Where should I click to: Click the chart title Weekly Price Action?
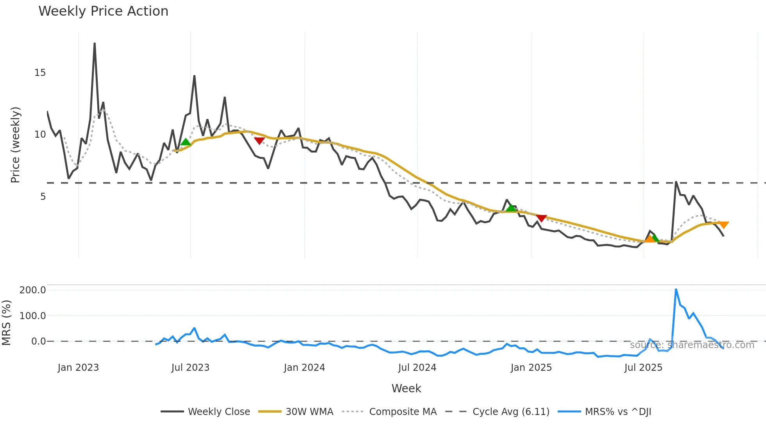coord(103,11)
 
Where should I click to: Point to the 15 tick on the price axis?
coord(40,73)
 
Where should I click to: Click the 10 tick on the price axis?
coord(40,135)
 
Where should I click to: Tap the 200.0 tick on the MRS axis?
coord(33,290)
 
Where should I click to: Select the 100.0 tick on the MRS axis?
coord(33,316)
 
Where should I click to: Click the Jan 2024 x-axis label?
coord(304,368)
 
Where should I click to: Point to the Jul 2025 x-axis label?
coord(643,368)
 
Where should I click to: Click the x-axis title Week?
coord(406,388)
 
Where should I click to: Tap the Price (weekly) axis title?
coord(15,145)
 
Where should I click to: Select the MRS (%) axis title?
coord(6,323)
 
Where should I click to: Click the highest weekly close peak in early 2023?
coord(95,43)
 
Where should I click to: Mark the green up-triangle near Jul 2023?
coord(186,142)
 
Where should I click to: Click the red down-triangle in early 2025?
coord(541,218)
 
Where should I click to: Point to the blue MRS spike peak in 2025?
coord(676,289)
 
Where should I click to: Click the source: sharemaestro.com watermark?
coord(692,345)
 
